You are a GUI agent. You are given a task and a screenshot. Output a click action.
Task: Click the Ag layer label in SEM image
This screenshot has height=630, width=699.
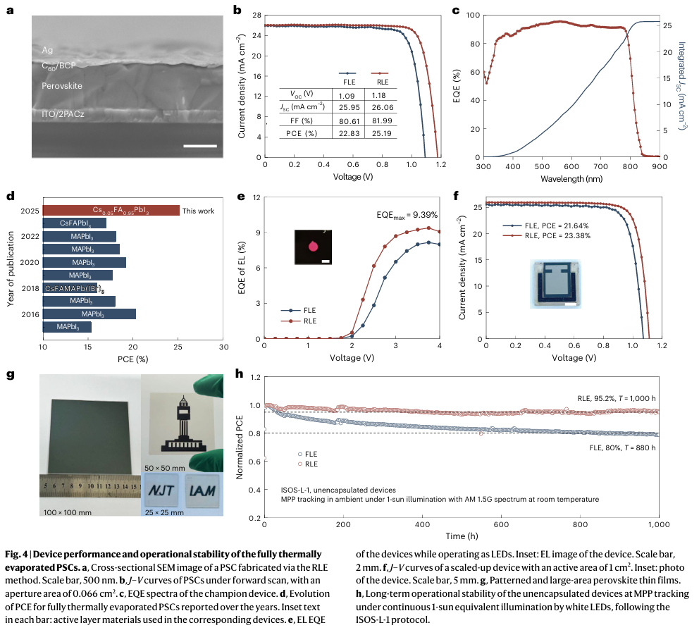click(x=47, y=51)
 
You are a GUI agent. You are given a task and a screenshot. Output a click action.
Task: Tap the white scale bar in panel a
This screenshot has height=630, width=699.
click(x=200, y=146)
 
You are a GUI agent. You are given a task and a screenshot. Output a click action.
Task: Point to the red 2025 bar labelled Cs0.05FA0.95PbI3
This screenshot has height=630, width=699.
click(x=111, y=210)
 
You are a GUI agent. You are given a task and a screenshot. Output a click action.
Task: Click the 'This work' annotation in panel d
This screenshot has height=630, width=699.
click(x=198, y=211)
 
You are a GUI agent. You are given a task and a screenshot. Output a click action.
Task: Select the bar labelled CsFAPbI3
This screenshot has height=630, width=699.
click(x=75, y=223)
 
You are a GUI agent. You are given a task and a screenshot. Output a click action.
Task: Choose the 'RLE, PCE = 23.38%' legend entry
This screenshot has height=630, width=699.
click(x=537, y=236)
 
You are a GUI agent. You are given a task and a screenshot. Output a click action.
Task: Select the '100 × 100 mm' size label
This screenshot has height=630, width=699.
click(x=66, y=511)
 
